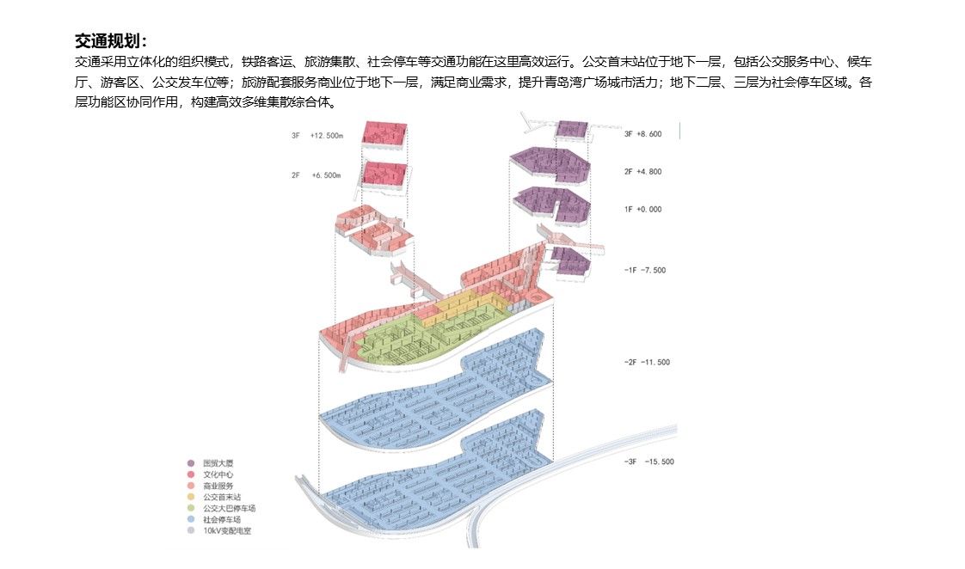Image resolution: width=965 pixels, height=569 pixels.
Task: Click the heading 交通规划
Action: coord(111,41)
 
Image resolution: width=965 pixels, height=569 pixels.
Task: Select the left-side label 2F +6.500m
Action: coord(317,175)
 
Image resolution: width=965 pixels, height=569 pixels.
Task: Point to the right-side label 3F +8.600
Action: coord(642,134)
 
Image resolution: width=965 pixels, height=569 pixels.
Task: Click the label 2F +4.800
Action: coord(642,172)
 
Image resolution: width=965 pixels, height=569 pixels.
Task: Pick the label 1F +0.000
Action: coord(642,210)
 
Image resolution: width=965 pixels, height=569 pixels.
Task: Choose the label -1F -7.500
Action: coord(645,271)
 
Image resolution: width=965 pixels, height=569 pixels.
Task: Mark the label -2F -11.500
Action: coord(647,363)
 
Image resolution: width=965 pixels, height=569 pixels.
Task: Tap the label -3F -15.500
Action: coord(648,462)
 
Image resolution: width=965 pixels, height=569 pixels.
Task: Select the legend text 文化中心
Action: coord(218,475)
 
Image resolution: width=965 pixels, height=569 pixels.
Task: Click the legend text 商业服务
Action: coord(218,486)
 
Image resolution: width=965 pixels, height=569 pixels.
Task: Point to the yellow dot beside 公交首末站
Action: coord(191,498)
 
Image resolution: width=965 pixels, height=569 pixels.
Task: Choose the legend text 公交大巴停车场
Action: coord(229,509)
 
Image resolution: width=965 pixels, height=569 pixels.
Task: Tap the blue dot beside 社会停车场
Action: coord(191,520)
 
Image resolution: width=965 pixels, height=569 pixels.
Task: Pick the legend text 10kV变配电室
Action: coord(227,531)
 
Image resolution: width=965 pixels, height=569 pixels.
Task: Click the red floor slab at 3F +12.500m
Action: coord(384,133)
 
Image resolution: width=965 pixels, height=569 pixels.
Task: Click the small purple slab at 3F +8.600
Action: coord(570,129)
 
